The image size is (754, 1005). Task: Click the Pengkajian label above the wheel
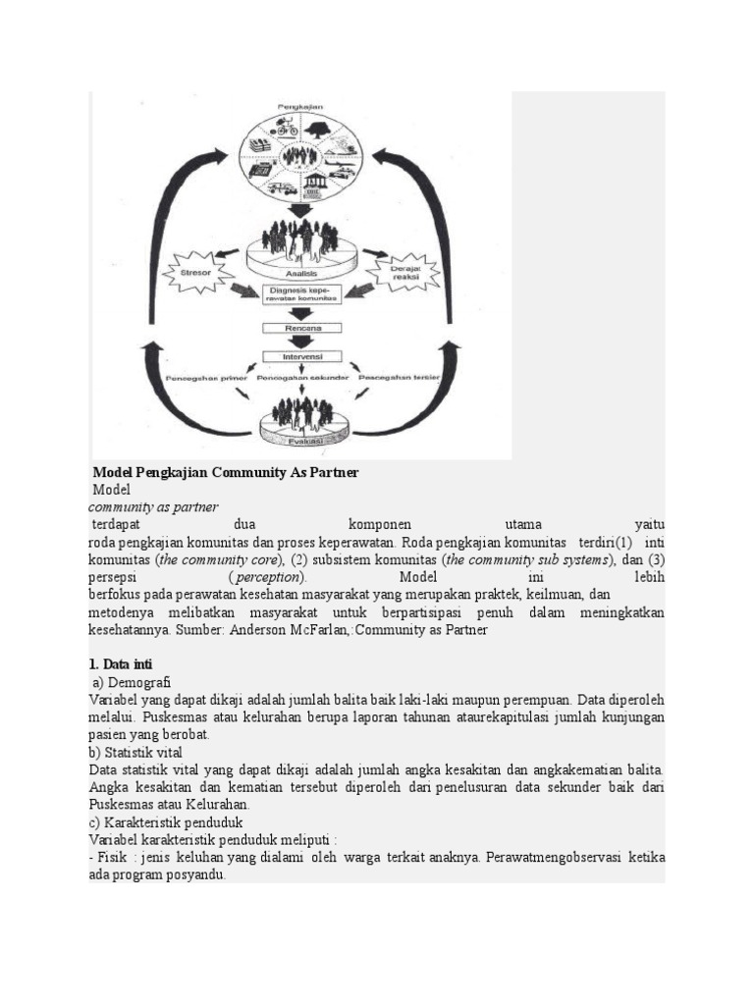coord(302,105)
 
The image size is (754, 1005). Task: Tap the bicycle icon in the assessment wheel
coord(287,129)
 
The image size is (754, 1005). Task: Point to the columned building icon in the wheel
coord(317,184)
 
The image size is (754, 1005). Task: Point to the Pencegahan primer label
coord(204,377)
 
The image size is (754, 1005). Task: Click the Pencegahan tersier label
coord(400,377)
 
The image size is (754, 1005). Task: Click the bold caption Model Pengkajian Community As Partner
coord(226,473)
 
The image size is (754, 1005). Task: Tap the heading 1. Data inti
coord(121,664)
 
